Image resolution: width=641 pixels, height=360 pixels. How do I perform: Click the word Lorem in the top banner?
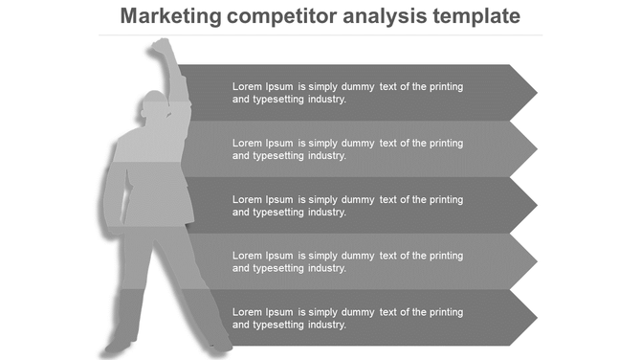(247, 86)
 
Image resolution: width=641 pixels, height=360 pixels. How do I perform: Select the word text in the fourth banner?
(388, 256)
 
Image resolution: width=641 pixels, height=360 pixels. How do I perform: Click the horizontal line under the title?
(320, 35)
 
